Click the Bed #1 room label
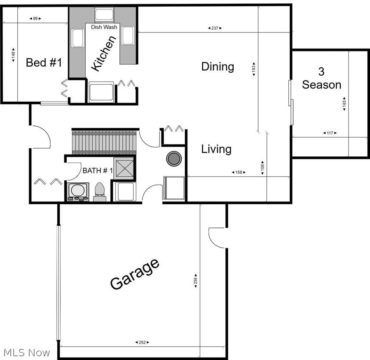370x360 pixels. coord(44,63)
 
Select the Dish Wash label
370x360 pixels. coord(104,27)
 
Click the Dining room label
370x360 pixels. coord(218,66)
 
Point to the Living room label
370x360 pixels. coord(216,149)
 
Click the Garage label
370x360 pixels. coord(134,274)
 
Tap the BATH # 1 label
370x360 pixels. coord(97,171)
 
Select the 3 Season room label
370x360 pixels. coord(321,78)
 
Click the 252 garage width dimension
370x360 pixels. coord(142,342)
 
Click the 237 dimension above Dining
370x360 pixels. coord(214,28)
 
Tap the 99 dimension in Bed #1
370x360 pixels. coord(35,19)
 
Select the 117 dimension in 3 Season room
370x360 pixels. coord(329,133)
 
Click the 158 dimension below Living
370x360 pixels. coord(238,172)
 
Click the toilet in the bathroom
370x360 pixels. coord(100,192)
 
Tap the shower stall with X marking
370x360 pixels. coord(124,168)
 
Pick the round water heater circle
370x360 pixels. coord(173,158)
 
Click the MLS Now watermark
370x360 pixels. coord(26,353)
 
